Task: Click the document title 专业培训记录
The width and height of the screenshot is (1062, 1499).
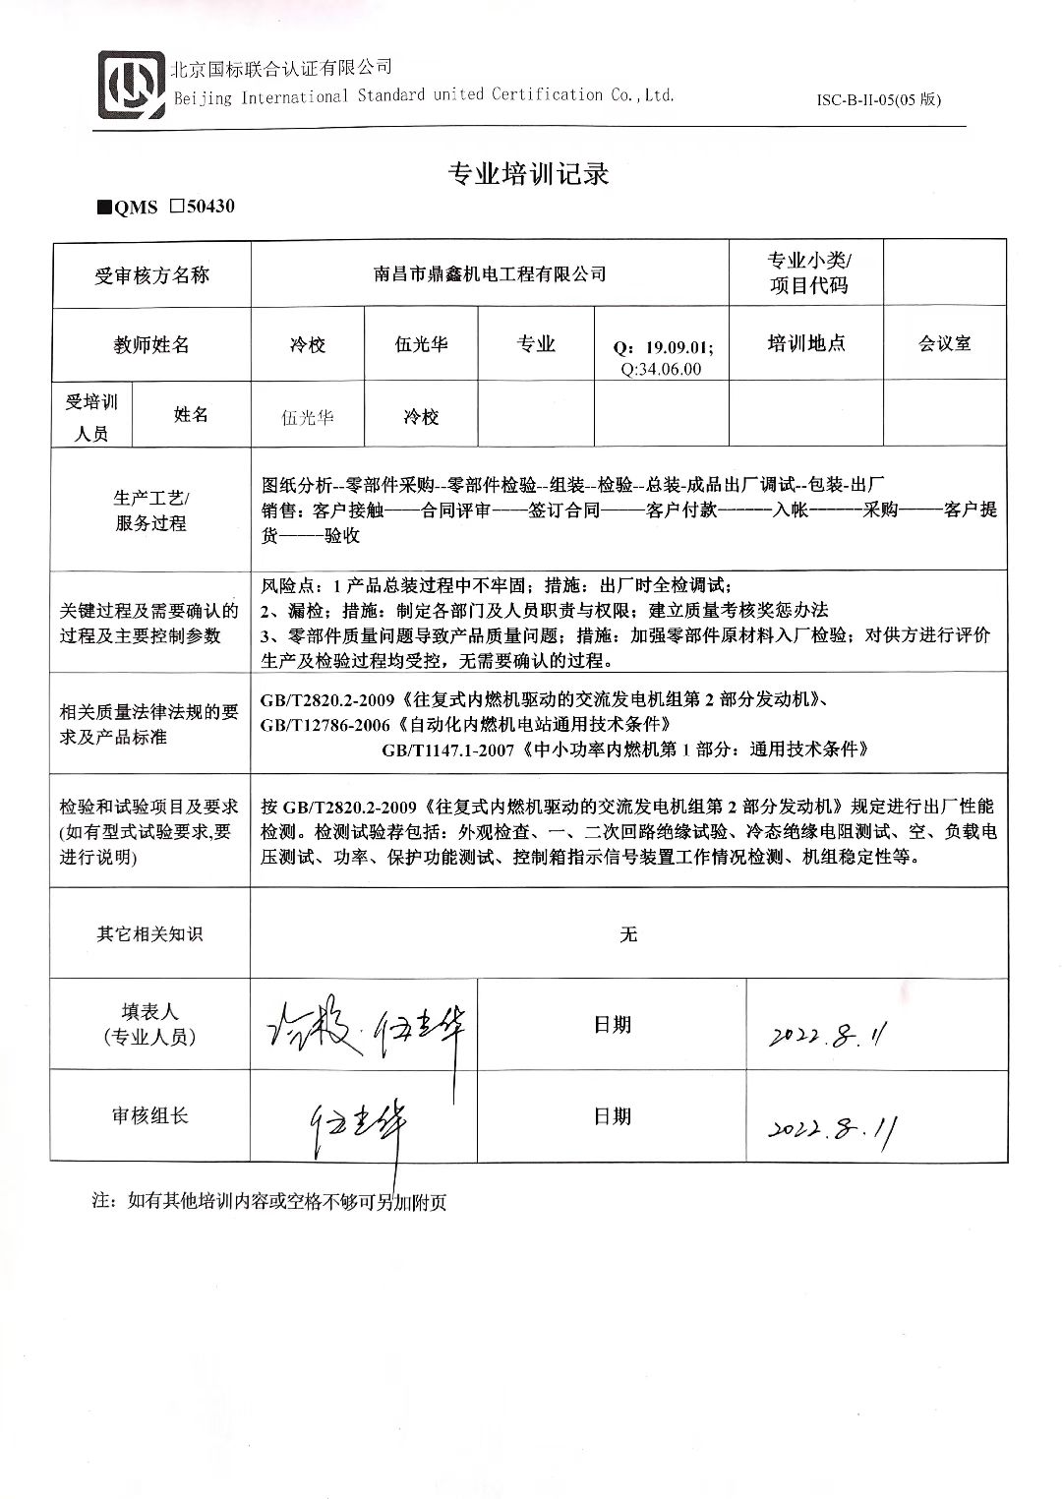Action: click(529, 174)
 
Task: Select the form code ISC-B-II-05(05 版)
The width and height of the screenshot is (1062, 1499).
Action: click(879, 100)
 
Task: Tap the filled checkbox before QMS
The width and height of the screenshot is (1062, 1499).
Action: click(104, 208)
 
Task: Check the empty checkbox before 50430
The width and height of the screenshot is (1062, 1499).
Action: click(177, 207)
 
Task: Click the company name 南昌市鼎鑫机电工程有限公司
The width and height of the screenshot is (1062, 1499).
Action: click(490, 274)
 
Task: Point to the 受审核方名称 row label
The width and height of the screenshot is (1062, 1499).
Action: click(151, 275)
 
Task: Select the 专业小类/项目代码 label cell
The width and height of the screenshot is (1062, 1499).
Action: click(807, 273)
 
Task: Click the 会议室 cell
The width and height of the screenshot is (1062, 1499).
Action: click(944, 343)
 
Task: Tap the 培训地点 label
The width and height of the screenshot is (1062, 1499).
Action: click(806, 343)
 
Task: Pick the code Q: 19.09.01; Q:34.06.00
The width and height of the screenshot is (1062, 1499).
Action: click(663, 358)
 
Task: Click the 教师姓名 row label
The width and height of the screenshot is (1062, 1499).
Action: click(151, 344)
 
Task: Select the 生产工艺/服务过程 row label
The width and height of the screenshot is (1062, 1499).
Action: click(151, 510)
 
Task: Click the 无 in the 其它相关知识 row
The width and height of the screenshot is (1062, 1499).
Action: click(628, 933)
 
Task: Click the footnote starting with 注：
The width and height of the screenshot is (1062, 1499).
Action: click(268, 1202)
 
